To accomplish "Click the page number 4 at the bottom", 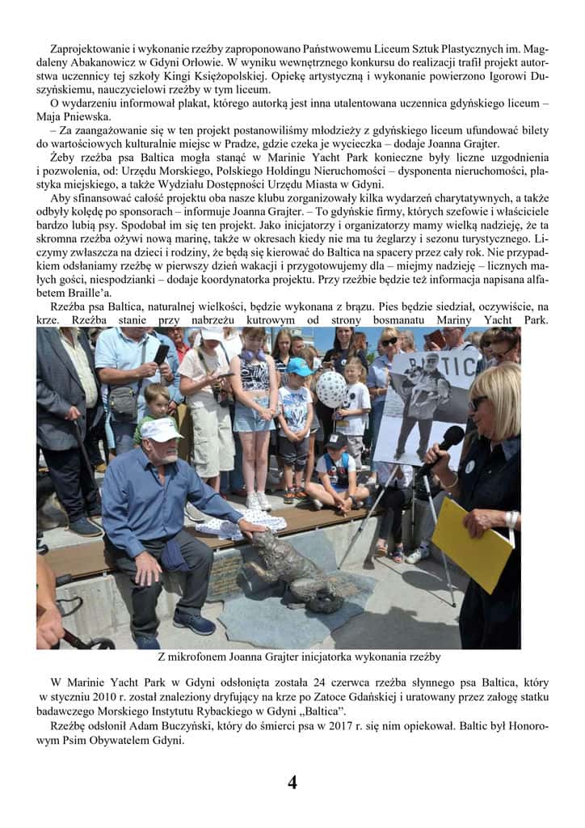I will coord(292,782).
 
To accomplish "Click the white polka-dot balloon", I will coord(330,389).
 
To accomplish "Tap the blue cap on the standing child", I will coord(300,367).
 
